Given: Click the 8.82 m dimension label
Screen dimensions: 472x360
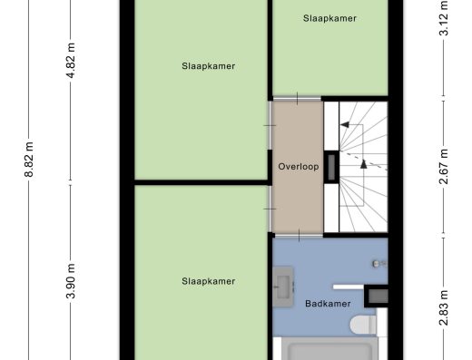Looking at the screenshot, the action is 29,160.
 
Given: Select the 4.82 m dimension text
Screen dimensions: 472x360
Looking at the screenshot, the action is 71,61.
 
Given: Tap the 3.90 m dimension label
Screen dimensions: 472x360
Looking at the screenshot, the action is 71,281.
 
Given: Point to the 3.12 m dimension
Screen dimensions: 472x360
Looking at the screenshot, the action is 444,19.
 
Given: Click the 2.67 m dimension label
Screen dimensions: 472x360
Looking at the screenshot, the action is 444,167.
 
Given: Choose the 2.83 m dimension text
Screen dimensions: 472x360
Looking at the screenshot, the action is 444,307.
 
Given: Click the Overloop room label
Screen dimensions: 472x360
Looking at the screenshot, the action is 299,167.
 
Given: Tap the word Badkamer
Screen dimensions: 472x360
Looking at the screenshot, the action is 328,304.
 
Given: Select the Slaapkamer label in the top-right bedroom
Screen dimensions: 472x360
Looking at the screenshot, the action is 329,18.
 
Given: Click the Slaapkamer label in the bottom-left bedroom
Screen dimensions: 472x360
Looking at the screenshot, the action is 209,281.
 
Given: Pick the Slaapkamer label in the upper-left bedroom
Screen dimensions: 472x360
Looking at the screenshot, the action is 209,66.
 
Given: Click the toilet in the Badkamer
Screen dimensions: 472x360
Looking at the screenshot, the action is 363,326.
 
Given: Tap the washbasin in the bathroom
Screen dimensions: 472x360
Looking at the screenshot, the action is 283,287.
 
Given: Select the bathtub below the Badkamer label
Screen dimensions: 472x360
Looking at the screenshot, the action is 329,348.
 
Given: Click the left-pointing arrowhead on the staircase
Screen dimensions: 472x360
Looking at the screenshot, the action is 345,124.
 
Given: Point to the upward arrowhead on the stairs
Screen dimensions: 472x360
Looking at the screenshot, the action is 364,164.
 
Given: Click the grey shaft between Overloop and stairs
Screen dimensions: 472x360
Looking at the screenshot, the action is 331,167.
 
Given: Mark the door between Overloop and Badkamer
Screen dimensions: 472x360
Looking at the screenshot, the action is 298,235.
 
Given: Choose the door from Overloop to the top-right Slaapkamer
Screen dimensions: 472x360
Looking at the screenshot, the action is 297,99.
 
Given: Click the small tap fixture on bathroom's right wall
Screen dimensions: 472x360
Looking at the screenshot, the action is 379,264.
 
